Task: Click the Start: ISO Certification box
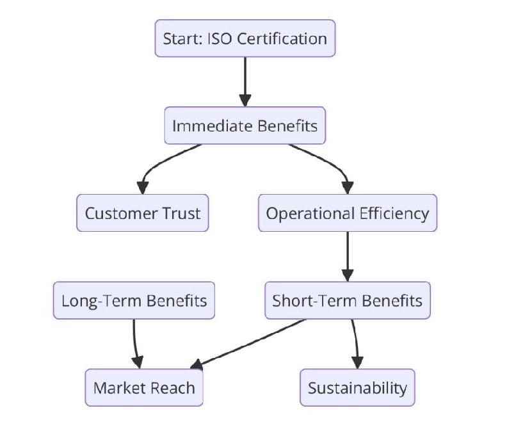pos(245,38)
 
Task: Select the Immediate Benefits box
pos(245,126)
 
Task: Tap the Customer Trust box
pos(142,213)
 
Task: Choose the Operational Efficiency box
pos(347,213)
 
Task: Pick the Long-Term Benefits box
pos(134,300)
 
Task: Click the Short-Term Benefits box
pos(347,300)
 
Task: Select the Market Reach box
pos(144,387)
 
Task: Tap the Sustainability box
pos(357,387)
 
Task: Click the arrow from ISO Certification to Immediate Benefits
pos(245,80)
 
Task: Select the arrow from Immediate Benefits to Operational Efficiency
pos(333,163)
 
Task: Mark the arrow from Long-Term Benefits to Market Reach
pos(135,343)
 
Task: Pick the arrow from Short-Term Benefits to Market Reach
pos(250,344)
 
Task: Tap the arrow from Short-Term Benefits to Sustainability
pos(355,343)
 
